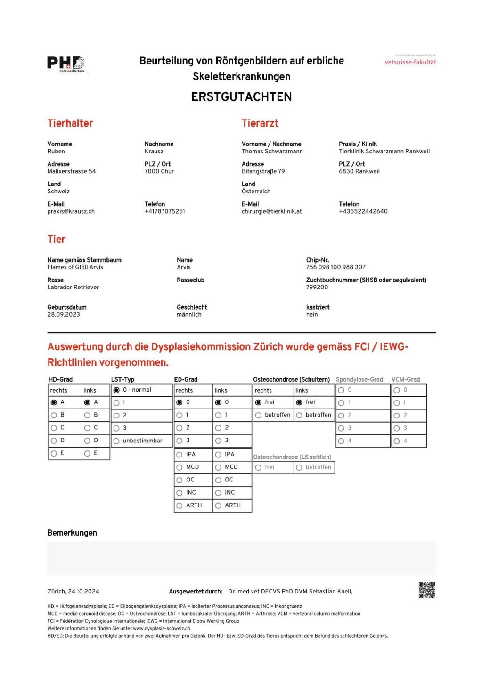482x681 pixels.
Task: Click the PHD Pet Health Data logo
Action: tap(66, 64)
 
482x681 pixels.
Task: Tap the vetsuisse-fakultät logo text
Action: tap(410, 62)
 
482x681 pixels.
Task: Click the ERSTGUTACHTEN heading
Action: tap(241, 97)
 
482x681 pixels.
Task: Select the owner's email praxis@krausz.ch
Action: tap(71, 212)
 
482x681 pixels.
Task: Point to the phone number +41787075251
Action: tap(164, 212)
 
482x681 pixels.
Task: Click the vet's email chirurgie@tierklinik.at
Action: tap(271, 212)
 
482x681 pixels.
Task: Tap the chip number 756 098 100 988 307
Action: tap(335, 267)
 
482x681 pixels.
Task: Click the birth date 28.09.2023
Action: tap(64, 315)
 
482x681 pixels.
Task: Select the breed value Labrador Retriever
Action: tap(73, 288)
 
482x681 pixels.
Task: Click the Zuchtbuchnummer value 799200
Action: tap(317, 287)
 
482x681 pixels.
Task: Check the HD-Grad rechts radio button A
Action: tap(54, 402)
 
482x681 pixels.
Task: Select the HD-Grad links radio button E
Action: tap(87, 453)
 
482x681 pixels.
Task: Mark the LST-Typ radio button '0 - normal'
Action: tap(116, 390)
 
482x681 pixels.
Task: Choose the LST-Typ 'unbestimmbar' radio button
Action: tap(116, 441)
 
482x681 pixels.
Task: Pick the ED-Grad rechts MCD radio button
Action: tap(180, 467)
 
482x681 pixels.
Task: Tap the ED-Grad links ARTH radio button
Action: tap(218, 505)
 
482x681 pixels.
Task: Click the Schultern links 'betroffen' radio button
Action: tap(299, 415)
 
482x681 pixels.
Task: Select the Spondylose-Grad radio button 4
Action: tap(341, 441)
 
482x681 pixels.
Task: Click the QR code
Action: tap(426, 590)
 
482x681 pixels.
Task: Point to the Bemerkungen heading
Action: tap(72, 533)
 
